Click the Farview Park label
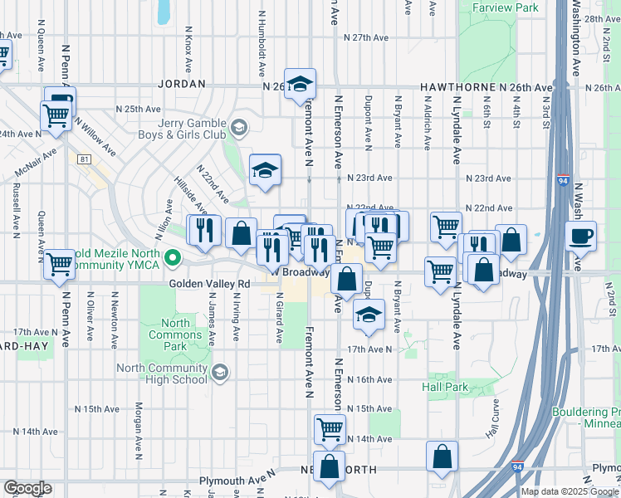(x=505, y=7)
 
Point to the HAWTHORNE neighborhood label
(x=457, y=87)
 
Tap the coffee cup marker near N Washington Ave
(x=581, y=236)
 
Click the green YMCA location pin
(x=173, y=258)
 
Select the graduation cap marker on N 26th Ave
(x=301, y=84)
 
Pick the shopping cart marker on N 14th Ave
(x=330, y=430)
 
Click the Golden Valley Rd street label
(x=209, y=283)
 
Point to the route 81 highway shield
(x=83, y=159)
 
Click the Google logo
(x=28, y=488)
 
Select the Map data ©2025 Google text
(x=569, y=491)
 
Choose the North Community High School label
(x=162, y=374)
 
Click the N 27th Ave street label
(x=370, y=38)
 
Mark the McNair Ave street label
(x=36, y=163)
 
